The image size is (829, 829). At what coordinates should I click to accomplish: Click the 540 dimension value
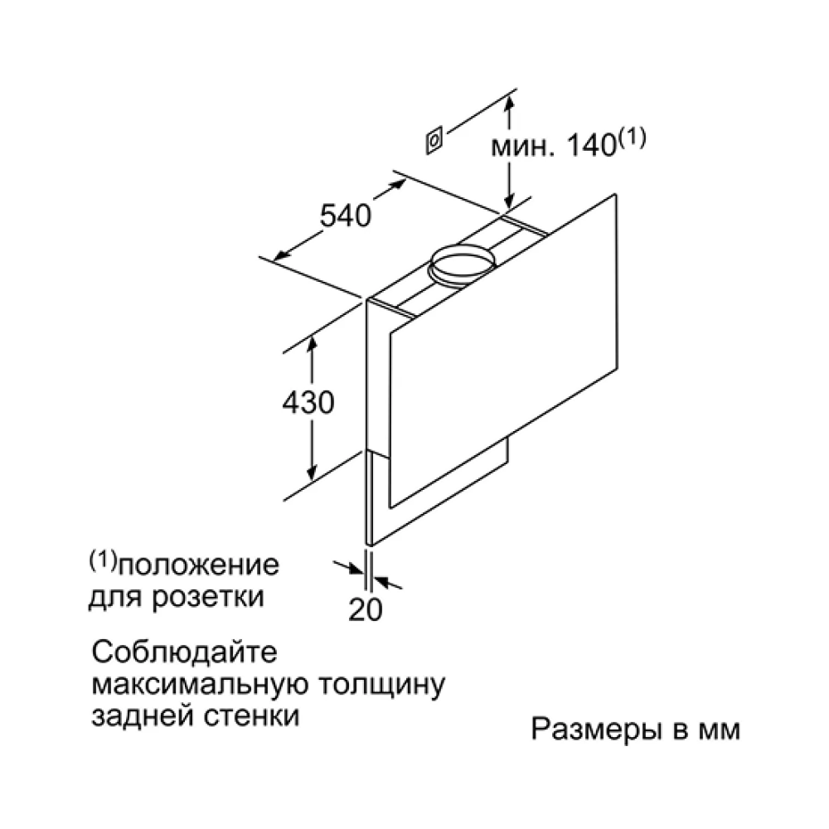346,216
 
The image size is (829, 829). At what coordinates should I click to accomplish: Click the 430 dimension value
308,402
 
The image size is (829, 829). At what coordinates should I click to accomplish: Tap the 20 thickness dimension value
366,609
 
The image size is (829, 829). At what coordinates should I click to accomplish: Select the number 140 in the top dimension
591,145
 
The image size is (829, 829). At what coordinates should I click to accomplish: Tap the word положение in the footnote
198,565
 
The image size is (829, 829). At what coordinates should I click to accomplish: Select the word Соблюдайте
184,652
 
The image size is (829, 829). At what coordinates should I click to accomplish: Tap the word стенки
252,716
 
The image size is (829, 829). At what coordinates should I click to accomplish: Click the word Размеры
596,730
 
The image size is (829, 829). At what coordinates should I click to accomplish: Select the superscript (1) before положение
103,561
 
